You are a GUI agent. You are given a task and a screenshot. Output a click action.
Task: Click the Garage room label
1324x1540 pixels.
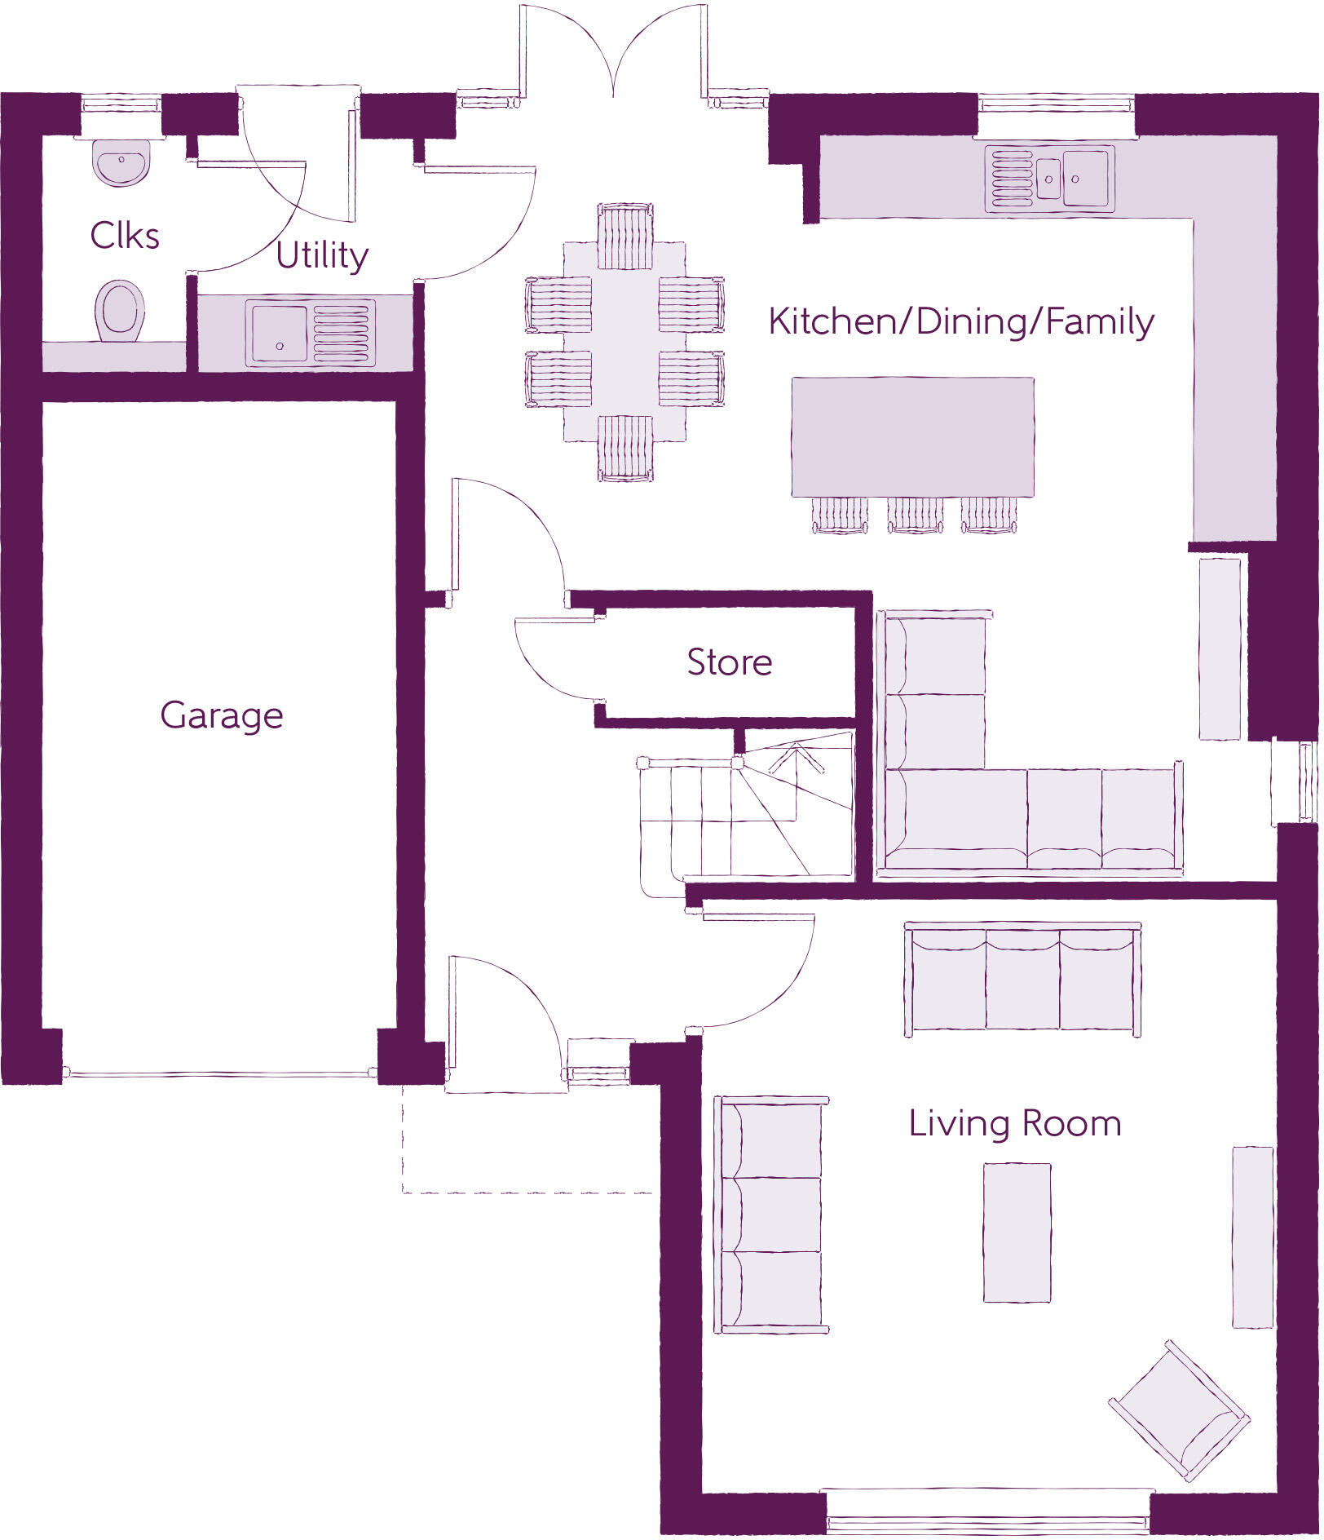[221, 716]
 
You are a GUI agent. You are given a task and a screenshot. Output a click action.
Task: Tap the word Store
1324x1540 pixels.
[729, 662]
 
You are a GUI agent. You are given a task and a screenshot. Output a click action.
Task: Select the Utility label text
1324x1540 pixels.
[321, 255]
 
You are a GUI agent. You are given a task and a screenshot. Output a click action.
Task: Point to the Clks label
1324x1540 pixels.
[124, 237]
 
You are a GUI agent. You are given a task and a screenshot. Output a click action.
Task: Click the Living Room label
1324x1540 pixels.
[1014, 1124]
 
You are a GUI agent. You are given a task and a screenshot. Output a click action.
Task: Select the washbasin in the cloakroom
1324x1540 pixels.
[121, 162]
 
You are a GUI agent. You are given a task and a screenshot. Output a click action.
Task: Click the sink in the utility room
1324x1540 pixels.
[280, 333]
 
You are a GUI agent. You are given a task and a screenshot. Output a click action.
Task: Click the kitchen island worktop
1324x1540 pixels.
[912, 436]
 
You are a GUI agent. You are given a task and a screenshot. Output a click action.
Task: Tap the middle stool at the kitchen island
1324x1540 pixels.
[915, 516]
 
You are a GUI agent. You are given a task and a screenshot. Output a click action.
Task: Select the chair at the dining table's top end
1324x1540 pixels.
[624, 237]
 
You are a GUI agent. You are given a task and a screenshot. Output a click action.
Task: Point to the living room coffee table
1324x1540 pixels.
[1016, 1232]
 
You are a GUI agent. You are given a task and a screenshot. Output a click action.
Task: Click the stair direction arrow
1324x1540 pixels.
[795, 758]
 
